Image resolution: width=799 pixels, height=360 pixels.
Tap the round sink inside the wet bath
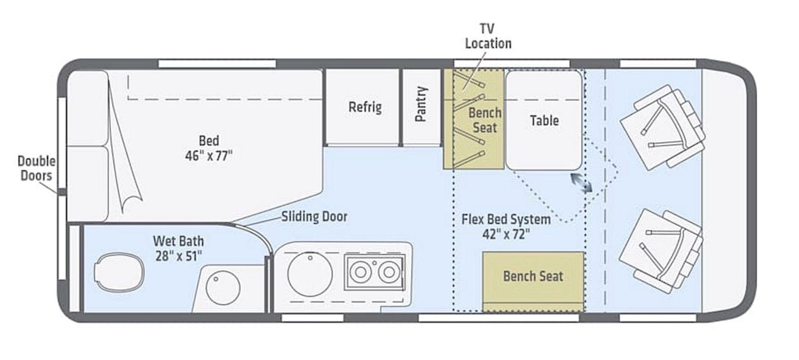(x=223, y=287)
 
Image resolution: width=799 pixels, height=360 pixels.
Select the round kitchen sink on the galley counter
(x=310, y=274)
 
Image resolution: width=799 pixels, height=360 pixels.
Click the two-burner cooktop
(x=375, y=272)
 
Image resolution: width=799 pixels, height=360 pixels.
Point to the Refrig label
(x=365, y=107)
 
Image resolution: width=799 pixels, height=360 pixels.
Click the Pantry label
(x=421, y=104)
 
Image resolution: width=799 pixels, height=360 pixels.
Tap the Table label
(x=544, y=120)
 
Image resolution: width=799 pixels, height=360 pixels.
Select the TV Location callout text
(x=488, y=36)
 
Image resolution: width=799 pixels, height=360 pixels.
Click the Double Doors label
(x=36, y=168)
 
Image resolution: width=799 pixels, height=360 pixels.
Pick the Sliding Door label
(x=314, y=217)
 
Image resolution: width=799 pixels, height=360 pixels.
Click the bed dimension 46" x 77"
(x=209, y=156)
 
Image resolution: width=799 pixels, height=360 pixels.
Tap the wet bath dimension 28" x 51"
(x=179, y=256)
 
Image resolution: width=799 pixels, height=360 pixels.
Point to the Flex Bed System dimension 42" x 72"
(x=506, y=234)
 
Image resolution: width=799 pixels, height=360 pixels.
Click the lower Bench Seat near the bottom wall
(x=533, y=282)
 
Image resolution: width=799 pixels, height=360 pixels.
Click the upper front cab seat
(x=662, y=127)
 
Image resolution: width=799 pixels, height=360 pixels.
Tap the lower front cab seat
(x=661, y=252)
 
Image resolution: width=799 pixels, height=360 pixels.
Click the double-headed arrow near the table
(x=581, y=183)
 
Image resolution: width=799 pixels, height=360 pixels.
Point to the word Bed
(x=209, y=141)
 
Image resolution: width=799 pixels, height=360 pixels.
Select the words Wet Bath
(x=178, y=241)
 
